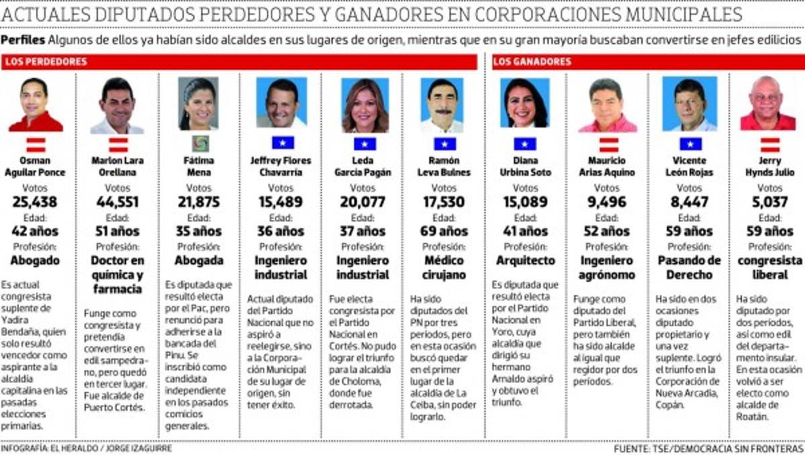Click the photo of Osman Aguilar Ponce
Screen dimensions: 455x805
[36, 104]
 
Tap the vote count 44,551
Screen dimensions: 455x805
[117, 203]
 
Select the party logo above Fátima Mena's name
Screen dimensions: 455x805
[199, 144]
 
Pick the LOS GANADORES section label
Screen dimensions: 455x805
[532, 62]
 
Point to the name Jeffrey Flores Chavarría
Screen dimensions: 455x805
[281, 166]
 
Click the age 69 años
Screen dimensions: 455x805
[444, 232]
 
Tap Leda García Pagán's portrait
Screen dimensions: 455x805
[365, 104]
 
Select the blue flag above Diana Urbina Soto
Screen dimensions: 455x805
[525, 144]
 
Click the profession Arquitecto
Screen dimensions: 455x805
[525, 260]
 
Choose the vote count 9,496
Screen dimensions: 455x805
[607, 203]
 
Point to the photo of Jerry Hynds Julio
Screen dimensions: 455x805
[768, 104]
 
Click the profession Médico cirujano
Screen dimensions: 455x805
[444, 267]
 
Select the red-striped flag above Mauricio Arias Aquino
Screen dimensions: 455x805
[608, 144]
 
